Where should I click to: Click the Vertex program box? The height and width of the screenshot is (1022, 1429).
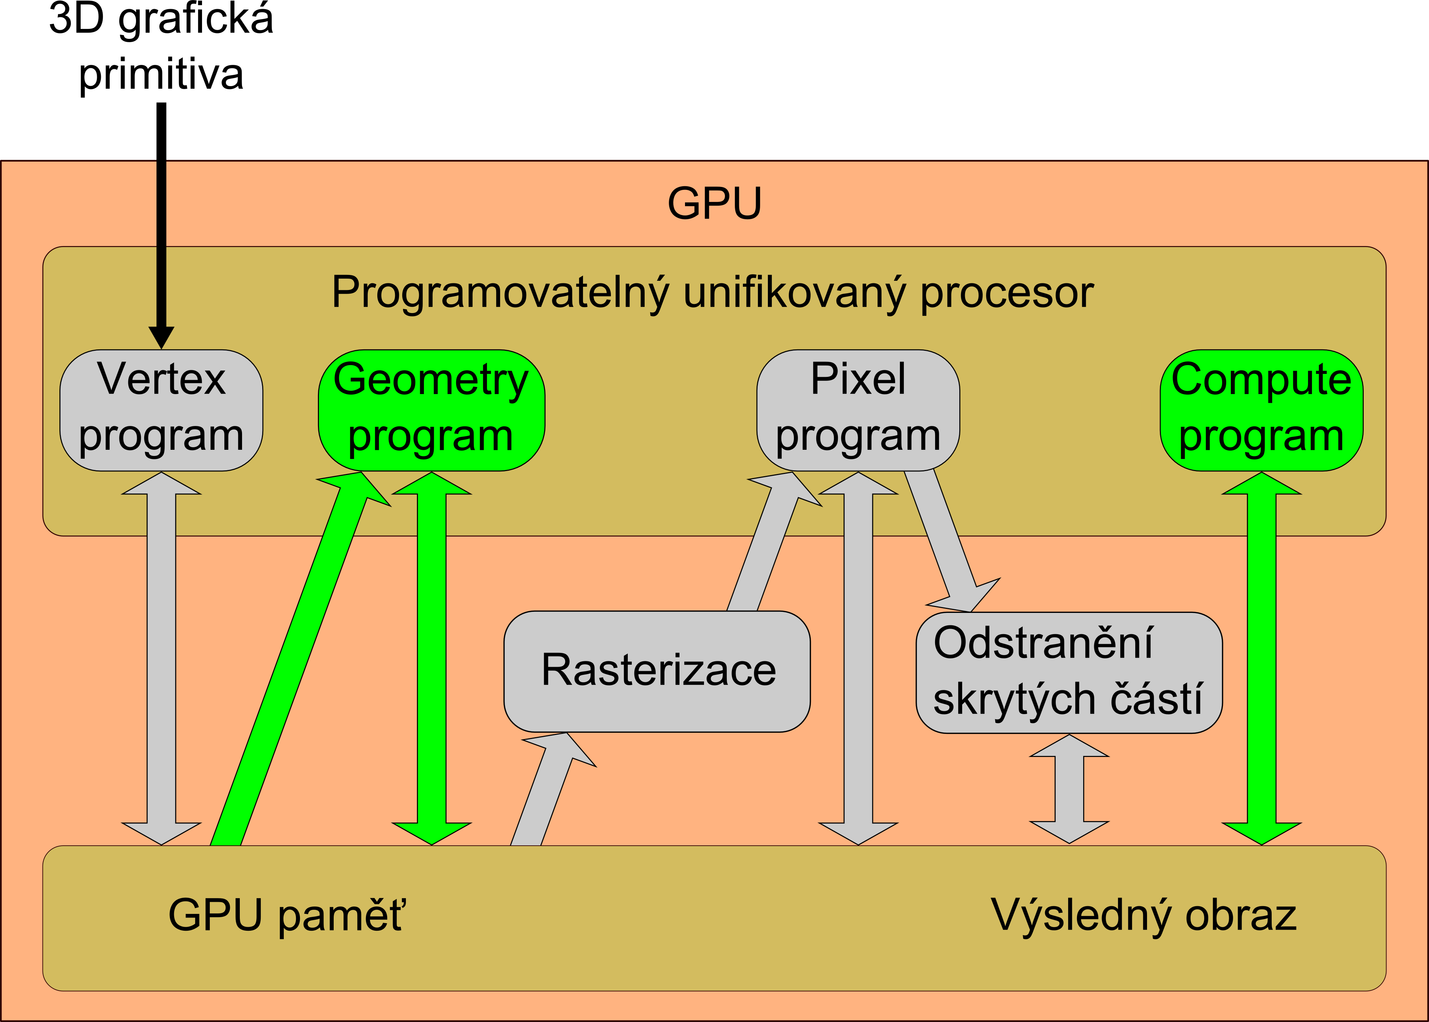point(161,410)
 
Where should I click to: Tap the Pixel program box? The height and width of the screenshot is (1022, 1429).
point(858,410)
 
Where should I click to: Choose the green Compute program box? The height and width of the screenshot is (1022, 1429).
point(1261,410)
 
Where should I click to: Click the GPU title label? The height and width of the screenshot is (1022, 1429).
point(714,203)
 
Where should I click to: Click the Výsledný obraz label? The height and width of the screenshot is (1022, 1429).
point(1144,916)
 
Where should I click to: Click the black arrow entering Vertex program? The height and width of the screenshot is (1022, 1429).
point(161,225)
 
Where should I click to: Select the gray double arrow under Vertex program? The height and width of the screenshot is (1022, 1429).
point(161,658)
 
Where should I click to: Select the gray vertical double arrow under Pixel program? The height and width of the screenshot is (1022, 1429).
point(858,658)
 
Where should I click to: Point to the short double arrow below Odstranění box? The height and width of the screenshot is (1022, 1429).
point(1069,789)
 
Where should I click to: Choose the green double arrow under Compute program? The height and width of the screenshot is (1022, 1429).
point(1261,658)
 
